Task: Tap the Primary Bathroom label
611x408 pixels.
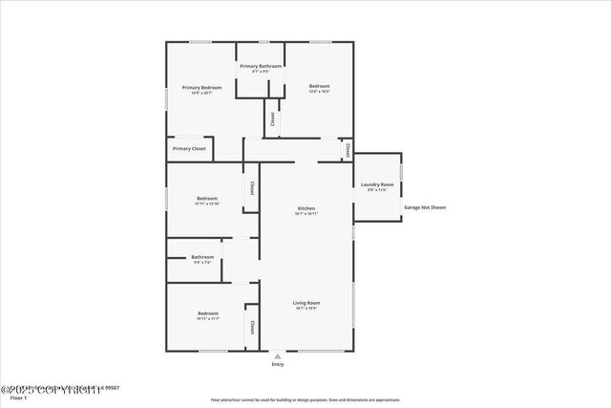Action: [260, 66]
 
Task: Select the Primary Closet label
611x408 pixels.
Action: [189, 149]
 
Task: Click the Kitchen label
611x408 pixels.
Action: [306, 208]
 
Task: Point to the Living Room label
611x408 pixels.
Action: [306, 303]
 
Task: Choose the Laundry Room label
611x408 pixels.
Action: [377, 184]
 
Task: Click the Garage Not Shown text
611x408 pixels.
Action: [425, 207]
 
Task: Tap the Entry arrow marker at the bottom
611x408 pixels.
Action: [278, 356]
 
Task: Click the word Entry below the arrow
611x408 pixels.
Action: [278, 365]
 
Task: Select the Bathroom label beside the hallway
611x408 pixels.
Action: [202, 256]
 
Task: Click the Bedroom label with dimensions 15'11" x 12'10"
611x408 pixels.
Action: [207, 199]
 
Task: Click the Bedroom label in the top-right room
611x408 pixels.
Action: [319, 87]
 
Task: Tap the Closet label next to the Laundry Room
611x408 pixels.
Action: [348, 150]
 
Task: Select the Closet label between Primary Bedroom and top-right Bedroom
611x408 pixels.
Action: [272, 119]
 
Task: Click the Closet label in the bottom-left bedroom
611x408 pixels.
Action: [252, 328]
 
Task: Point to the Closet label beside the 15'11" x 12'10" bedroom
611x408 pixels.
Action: [251, 188]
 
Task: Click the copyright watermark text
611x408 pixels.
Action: [53, 389]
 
